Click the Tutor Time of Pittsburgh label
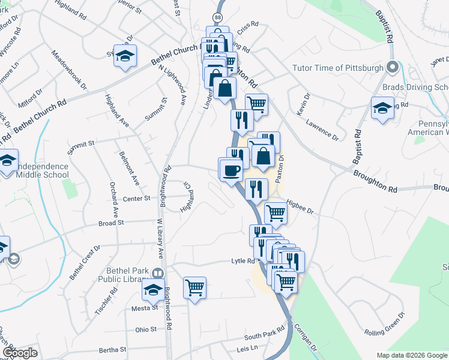(x=337, y=68)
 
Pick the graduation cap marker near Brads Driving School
(x=382, y=109)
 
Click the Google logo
(x=20, y=353)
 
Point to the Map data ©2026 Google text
(x=411, y=355)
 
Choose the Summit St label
(x=83, y=143)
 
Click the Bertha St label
(x=112, y=349)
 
